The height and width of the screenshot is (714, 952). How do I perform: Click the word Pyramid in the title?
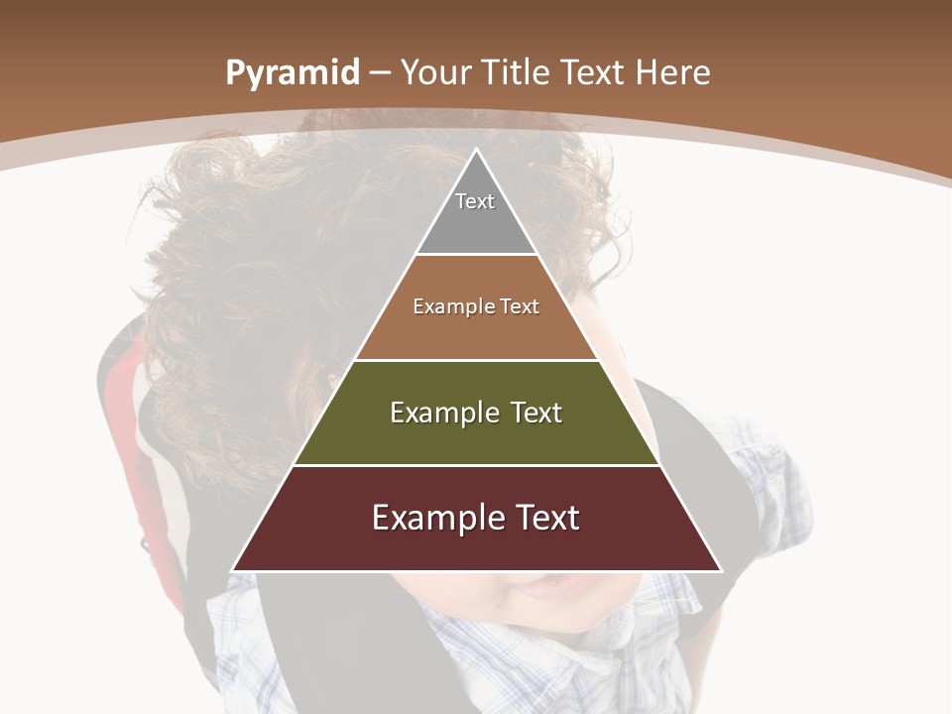(292, 74)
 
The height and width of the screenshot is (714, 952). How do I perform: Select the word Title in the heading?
(519, 73)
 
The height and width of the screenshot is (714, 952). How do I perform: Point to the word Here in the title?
(673, 73)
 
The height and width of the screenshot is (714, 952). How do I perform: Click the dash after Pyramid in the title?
(380, 74)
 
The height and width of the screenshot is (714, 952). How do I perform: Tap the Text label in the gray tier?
(475, 201)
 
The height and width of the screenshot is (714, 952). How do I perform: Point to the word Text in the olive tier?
(537, 413)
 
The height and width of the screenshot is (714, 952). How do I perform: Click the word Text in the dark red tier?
(547, 518)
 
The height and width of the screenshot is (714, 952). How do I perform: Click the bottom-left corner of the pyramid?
(234, 570)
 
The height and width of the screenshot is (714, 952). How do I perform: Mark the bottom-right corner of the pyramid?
(720, 570)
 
